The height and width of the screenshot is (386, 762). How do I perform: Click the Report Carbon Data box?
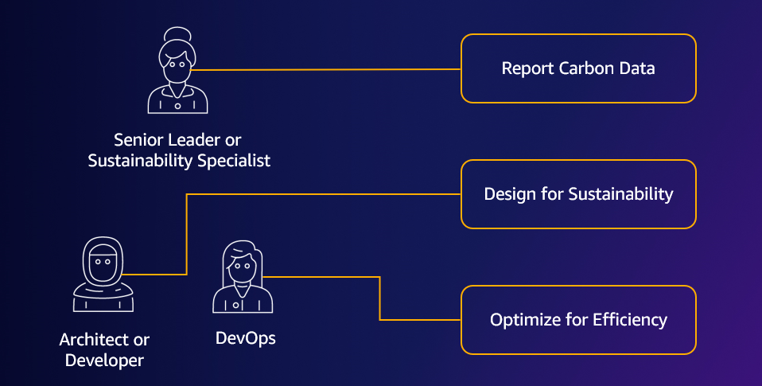point(578,68)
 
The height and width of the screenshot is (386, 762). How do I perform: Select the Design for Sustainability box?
point(578,194)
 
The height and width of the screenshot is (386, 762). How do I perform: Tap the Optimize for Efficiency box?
point(578,320)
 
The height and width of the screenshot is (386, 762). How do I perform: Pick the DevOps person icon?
point(242,279)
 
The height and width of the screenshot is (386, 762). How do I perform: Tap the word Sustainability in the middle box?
point(620,194)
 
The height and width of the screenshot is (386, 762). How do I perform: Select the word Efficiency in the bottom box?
point(630,320)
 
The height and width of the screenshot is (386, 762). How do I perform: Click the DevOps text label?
point(246,338)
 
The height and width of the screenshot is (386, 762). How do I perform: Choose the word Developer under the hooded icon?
point(104,360)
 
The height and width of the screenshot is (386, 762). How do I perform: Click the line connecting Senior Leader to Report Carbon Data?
point(326,70)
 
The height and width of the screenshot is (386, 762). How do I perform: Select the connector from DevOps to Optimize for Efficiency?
point(379,298)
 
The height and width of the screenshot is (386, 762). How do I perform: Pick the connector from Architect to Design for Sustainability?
point(186,231)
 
